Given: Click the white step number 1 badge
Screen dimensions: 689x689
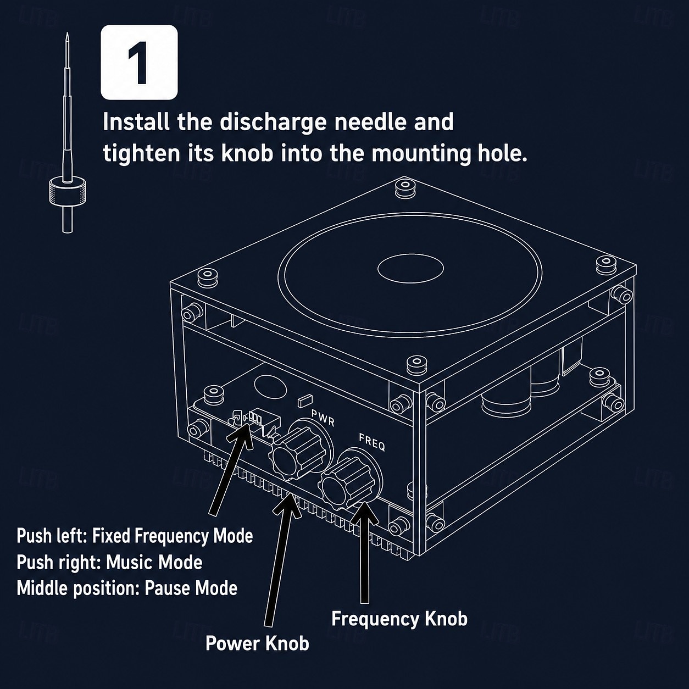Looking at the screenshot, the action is pos(139,62).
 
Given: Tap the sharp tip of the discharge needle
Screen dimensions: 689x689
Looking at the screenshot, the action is pos(67,34).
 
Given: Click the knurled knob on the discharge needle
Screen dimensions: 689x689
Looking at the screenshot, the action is pos(68,192).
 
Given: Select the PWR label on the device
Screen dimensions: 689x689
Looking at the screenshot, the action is pos(323,418).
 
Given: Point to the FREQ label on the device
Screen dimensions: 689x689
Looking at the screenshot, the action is pos(372,442).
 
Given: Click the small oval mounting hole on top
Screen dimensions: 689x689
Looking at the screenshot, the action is pos(410,268).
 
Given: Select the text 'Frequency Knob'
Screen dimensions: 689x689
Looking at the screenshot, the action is pos(399,619).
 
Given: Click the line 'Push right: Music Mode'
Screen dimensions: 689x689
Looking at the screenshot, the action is pos(109,563).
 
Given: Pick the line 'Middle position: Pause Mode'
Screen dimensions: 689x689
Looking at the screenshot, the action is pos(127,588).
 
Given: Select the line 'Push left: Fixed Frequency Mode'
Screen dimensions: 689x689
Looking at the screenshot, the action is pos(135,536).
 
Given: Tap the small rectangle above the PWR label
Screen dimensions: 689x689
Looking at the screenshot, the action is pos(305,401).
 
